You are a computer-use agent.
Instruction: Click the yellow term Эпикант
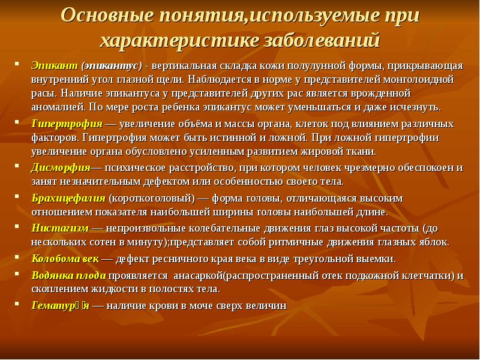click(x=55, y=66)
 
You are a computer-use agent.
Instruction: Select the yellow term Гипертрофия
click(x=67, y=124)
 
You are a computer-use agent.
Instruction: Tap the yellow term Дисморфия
click(x=61, y=168)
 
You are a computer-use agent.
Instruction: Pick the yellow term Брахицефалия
click(x=68, y=199)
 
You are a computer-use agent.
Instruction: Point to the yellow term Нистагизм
click(x=61, y=229)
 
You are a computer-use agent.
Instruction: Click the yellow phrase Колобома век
click(x=65, y=259)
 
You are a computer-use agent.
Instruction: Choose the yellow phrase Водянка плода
click(x=68, y=275)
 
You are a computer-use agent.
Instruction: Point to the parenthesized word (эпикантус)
click(x=112, y=66)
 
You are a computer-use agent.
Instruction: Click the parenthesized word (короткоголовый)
click(x=152, y=199)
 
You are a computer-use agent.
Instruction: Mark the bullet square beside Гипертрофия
click(x=17, y=122)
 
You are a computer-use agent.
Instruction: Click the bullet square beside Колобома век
click(x=17, y=257)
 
